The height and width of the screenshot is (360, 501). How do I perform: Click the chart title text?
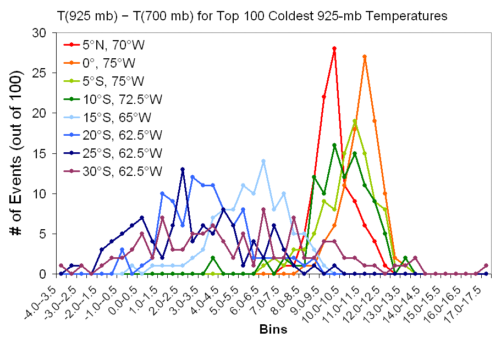(x=252, y=16)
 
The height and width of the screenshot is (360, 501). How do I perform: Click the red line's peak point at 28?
(x=334, y=48)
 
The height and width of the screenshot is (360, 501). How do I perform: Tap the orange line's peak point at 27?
(x=365, y=57)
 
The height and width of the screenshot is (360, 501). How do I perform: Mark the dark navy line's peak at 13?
(x=183, y=169)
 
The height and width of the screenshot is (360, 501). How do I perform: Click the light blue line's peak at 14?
(x=263, y=161)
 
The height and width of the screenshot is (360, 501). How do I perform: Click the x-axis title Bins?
(x=273, y=330)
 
